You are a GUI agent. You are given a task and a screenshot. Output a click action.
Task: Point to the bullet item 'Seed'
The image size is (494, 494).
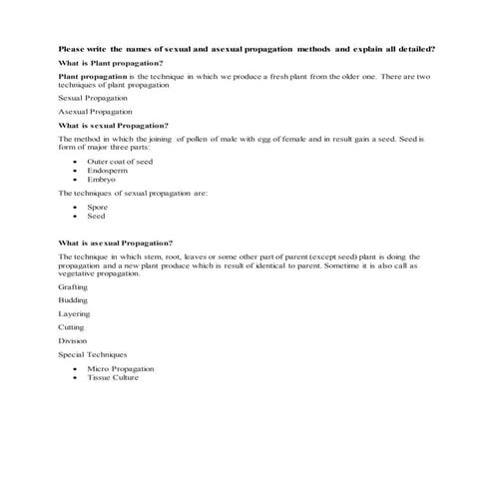[x=97, y=216]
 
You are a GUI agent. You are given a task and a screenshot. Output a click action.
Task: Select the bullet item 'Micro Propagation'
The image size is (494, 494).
[x=120, y=369]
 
